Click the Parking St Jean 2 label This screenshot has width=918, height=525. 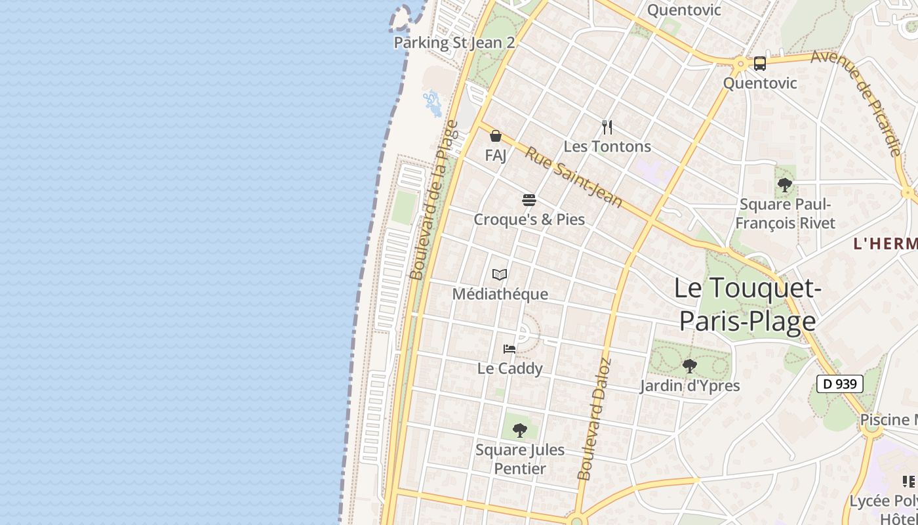click(454, 43)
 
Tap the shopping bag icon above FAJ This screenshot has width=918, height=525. click(496, 136)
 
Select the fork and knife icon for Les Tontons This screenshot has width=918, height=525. click(607, 127)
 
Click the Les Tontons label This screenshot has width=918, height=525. click(607, 146)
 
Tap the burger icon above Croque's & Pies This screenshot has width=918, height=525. click(529, 199)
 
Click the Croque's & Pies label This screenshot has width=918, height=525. click(529, 219)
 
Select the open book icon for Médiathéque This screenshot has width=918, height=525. click(500, 274)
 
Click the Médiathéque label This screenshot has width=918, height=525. click(500, 294)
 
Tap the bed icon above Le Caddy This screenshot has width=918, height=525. click(509, 348)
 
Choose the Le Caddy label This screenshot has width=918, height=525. click(509, 368)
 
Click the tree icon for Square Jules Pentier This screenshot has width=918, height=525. click(520, 430)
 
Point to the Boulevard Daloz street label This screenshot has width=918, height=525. click(594, 419)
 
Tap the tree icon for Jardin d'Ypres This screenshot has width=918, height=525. click(689, 366)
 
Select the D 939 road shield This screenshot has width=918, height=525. click(839, 384)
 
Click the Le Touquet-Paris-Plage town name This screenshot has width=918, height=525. click(748, 304)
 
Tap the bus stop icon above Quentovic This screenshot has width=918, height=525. click(759, 64)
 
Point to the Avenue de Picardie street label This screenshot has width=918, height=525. click(856, 102)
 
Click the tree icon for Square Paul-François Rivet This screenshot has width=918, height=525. click(784, 185)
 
